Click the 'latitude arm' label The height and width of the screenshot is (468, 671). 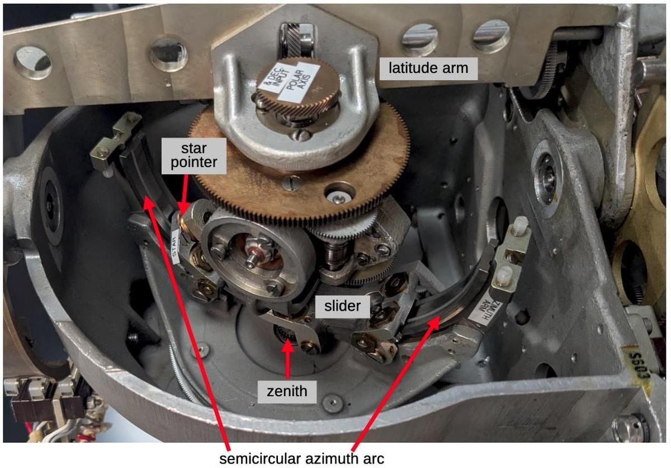(428, 69)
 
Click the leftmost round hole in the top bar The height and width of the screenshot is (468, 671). (32, 61)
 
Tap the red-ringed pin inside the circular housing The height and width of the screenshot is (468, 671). (255, 254)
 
